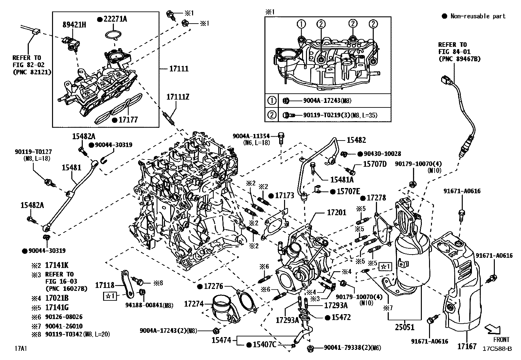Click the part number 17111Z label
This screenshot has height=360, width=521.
coord(178,97)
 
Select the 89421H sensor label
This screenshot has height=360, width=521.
coord(74,25)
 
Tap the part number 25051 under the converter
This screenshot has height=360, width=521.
coord(404,327)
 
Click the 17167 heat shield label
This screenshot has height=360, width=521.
coord(466,346)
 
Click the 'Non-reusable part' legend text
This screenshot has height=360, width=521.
coord(477,16)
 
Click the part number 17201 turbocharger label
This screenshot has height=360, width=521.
coord(336,213)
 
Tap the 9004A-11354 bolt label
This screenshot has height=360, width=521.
coord(251,136)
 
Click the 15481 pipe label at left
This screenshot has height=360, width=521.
coord(71,167)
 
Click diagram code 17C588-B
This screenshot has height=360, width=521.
coord(497,349)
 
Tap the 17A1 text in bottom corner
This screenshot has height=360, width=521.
coord(21,349)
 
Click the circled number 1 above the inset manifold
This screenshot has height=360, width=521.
coord(301,24)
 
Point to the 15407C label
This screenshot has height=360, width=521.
coord(265,345)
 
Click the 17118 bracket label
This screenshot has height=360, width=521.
coord(105,285)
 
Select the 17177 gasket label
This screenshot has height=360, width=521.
coord(128,120)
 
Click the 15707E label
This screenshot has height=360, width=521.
coord(348,191)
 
